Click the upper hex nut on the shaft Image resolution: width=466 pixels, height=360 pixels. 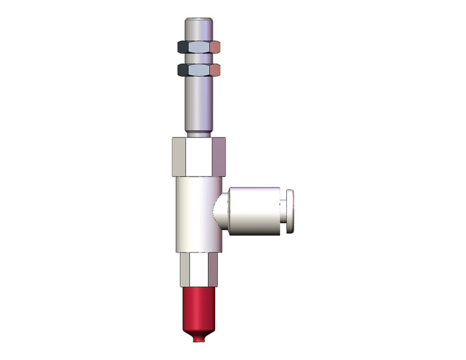coord(199,47)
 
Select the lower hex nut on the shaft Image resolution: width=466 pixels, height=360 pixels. coord(199,69)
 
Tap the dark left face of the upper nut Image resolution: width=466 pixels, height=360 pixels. coord(183,47)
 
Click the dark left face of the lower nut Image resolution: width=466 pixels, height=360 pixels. coord(183,69)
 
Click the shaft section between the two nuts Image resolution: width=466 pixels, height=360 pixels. coord(199,58)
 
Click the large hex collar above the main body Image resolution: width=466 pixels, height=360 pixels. coord(199,156)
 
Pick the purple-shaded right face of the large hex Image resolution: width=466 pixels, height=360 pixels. coord(220,156)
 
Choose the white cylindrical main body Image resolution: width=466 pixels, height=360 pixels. coord(196,215)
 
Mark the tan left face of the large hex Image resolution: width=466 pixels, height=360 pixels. coord(178,156)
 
